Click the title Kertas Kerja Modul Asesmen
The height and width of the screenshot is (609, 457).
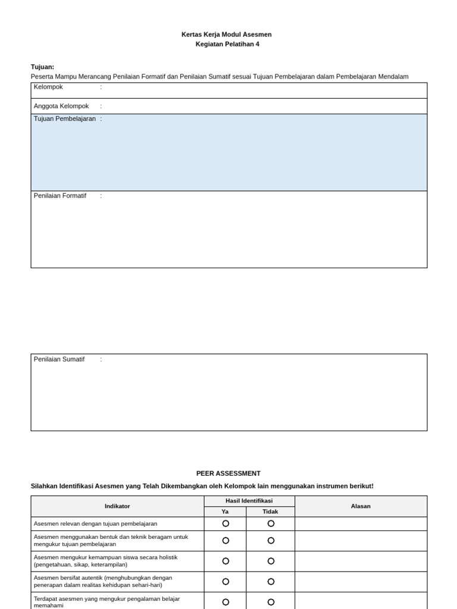tap(226, 34)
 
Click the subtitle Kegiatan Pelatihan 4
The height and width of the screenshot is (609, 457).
tap(227, 44)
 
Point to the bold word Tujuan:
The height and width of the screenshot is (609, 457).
tap(42, 67)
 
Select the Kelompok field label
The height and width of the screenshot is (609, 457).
tap(48, 87)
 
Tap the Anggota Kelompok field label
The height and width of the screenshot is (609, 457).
tap(61, 106)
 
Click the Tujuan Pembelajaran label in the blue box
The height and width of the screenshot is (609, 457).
tap(64, 119)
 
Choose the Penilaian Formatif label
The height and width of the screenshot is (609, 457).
tap(60, 196)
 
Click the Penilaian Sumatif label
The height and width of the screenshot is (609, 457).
tap(59, 359)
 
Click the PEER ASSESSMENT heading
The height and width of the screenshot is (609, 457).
tap(228, 473)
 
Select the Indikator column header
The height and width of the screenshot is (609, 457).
tap(117, 506)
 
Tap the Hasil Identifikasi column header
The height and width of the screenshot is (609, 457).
tap(249, 501)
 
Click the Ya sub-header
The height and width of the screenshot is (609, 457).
tap(225, 511)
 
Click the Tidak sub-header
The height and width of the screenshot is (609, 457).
tap(270, 511)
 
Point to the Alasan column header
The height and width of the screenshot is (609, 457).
tap(361, 506)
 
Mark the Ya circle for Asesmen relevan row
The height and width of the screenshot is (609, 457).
tap(226, 523)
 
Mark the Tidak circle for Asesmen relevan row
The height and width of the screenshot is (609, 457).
tap(271, 523)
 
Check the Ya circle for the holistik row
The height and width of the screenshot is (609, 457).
tap(226, 561)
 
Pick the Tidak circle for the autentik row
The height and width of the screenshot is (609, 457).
tap(271, 581)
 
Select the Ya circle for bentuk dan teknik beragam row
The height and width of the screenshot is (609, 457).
tap(226, 541)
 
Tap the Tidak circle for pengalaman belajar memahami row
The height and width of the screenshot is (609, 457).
tap(271, 602)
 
